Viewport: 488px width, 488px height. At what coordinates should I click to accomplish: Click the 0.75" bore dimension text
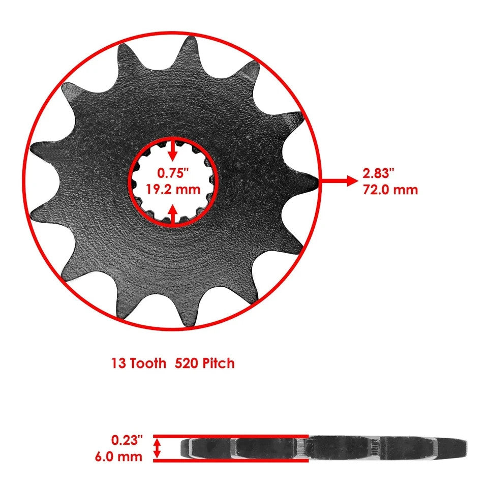coord(173,172)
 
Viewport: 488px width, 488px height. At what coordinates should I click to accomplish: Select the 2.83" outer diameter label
coord(379,173)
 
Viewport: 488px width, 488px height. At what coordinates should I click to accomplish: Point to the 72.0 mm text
coord(390,190)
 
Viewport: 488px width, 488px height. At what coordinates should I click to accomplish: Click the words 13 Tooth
coord(139,363)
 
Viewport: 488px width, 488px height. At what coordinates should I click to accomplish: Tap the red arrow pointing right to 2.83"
coord(338,180)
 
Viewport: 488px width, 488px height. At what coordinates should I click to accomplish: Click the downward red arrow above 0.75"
coord(173,150)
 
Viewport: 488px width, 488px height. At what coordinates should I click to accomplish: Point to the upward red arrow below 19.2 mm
coord(173,213)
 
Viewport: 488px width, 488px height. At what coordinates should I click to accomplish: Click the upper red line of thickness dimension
coord(231,436)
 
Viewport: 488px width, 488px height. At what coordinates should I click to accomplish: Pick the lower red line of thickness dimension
coord(231,461)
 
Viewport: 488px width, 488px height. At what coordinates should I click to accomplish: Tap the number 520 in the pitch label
coord(187,363)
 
